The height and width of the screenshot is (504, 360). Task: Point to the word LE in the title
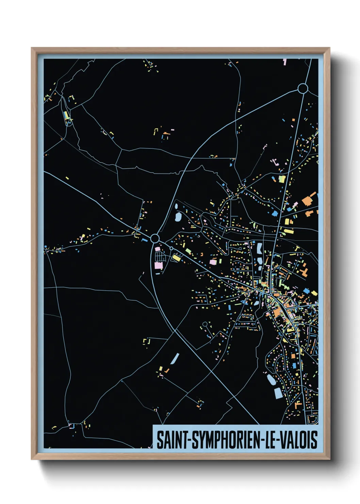[271, 440]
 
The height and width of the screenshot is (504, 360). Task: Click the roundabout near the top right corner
[302, 89]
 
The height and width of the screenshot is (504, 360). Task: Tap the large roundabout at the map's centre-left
[155, 238]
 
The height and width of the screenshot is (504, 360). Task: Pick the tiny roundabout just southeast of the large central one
[171, 248]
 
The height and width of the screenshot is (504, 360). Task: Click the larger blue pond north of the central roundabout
[178, 216]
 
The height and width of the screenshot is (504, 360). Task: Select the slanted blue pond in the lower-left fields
[175, 359]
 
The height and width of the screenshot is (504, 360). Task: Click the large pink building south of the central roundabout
[159, 265]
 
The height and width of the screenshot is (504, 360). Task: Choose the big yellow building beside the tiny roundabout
[176, 258]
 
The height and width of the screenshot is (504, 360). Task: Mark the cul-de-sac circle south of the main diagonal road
[205, 324]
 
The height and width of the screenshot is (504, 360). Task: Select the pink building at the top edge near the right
[284, 62]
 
